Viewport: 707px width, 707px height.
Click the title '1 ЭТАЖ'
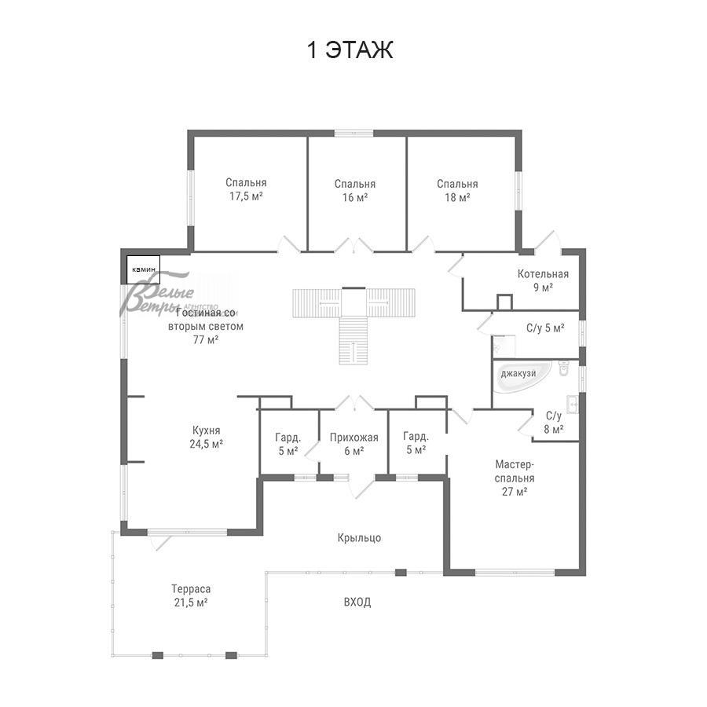tap(350, 49)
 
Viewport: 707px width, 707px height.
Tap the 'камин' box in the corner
tap(144, 269)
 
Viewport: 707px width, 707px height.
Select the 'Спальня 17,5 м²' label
tap(246, 189)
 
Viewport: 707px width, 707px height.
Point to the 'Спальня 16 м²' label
tap(355, 191)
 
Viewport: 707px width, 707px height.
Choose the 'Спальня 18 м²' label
tap(457, 191)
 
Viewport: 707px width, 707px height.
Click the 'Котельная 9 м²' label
tap(543, 280)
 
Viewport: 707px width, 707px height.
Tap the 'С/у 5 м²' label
tap(545, 328)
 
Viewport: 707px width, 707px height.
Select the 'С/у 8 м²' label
tap(553, 423)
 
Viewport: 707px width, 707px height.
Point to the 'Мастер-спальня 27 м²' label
tap(515, 478)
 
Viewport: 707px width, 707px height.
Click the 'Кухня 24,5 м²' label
tap(206, 437)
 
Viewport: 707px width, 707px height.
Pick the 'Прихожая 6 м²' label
tap(354, 444)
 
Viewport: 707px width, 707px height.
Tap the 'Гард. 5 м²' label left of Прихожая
tap(288, 444)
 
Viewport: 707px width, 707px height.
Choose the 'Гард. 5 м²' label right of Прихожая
tap(416, 443)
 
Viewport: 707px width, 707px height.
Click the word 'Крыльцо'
tap(359, 538)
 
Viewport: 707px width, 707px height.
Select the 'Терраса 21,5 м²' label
tap(191, 595)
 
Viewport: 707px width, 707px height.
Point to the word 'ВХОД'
tap(357, 603)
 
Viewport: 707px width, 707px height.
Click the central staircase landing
tap(353, 302)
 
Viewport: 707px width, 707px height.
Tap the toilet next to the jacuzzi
tap(563, 368)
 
